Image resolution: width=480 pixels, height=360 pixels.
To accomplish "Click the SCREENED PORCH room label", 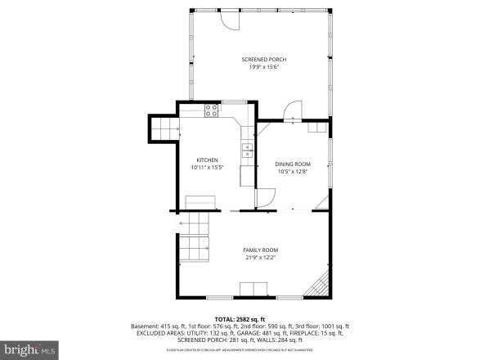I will pos(263,60).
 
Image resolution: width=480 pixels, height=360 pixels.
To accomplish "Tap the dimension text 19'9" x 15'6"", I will pos(263,66).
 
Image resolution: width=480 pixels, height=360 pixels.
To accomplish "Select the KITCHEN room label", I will pos(207,160).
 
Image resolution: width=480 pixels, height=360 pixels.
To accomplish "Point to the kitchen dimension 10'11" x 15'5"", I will pos(207,167).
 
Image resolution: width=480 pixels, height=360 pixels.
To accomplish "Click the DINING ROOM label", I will pos(292,164).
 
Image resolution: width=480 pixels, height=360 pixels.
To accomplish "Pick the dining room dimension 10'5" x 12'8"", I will pos(292,171).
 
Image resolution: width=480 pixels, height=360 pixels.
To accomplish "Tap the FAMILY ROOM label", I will pos(261,250).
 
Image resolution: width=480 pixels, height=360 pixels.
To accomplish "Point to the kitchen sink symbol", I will pos(245,148).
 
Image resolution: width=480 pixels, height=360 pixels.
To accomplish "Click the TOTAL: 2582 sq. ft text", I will pos(238,317).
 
